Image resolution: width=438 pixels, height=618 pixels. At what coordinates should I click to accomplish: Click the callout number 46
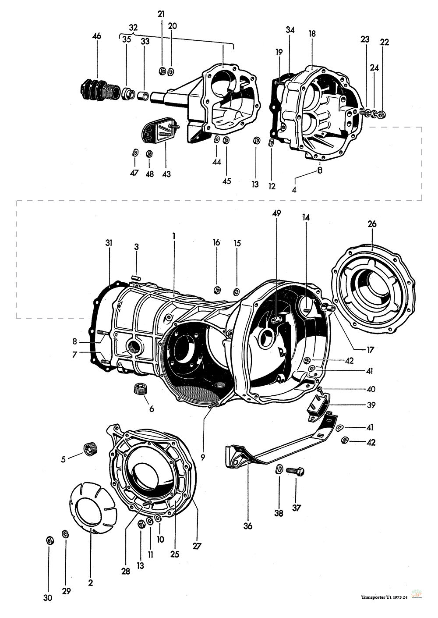(97, 36)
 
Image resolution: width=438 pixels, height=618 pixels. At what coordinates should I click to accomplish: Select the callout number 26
(372, 224)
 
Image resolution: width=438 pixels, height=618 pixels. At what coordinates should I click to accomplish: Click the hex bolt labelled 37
(296, 472)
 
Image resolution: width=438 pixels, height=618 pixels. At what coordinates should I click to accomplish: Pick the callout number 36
(248, 526)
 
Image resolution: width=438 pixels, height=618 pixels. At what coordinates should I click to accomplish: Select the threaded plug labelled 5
(89, 450)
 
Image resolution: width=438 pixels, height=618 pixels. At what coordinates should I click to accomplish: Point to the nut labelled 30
(49, 540)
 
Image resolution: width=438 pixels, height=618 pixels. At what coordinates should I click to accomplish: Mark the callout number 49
(276, 213)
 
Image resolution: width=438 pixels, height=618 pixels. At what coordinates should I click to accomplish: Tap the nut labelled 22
(382, 115)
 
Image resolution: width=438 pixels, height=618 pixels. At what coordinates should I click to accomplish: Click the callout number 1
(174, 235)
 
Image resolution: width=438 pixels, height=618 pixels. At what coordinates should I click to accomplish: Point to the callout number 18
(312, 34)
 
